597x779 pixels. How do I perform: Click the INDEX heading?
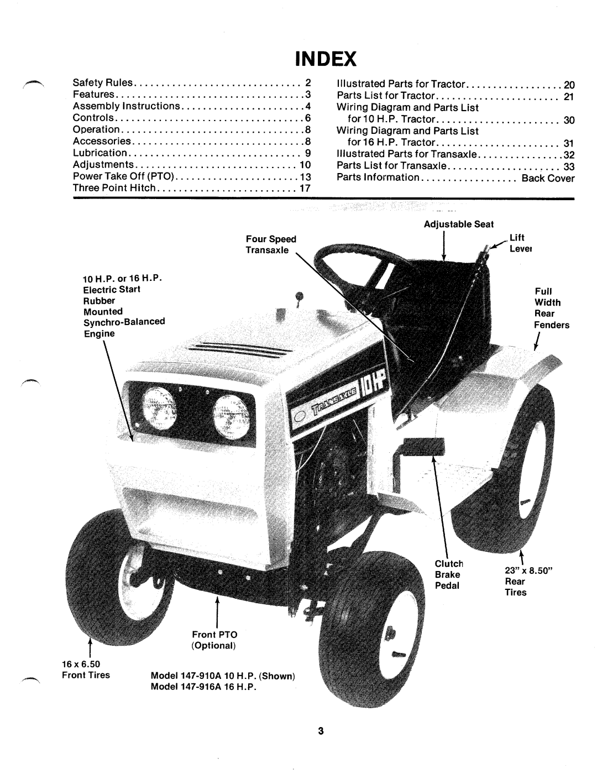click(326, 59)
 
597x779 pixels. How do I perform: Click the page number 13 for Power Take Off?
click(305, 177)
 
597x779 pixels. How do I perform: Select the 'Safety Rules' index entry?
click(102, 83)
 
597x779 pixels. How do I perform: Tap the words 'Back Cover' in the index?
click(548, 178)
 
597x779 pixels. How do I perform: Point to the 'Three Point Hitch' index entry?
click(114, 188)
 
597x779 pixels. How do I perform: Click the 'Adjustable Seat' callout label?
click(459, 224)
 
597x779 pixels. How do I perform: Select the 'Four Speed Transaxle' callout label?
click(271, 244)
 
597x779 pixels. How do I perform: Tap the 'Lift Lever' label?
click(520, 243)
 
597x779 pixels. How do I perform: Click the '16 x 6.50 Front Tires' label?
click(86, 670)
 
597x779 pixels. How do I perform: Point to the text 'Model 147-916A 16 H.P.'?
click(203, 687)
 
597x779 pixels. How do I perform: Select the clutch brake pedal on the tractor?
click(423, 446)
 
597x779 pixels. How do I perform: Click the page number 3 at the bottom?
click(321, 730)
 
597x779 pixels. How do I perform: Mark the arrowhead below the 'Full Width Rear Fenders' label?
click(536, 346)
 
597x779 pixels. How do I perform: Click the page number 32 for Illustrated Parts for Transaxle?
click(569, 155)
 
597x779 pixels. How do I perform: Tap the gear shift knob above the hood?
click(299, 296)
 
